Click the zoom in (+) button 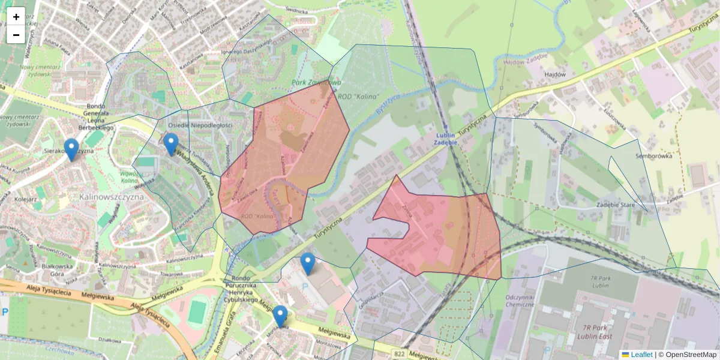(x=16, y=17)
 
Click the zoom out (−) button (x=16, y=35)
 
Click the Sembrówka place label (x=654, y=156)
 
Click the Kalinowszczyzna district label (x=110, y=196)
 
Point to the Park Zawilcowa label (x=316, y=82)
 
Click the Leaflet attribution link (x=637, y=355)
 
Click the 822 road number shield (x=400, y=354)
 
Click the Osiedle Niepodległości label (x=200, y=125)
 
